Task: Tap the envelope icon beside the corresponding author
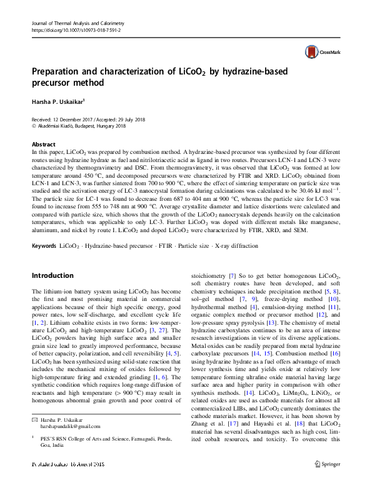coord(34,418)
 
